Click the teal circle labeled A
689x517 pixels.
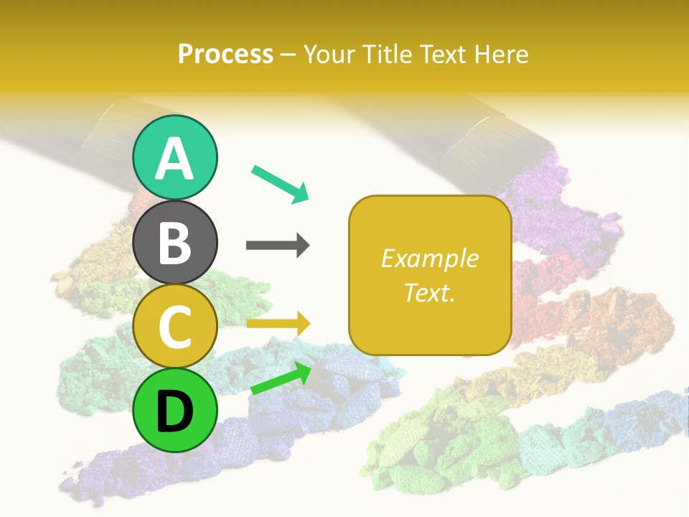[x=174, y=157]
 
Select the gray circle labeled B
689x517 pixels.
[x=174, y=242]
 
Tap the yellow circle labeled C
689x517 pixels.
[x=174, y=327]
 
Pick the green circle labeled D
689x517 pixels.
[x=174, y=410]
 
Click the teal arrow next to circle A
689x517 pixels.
[x=281, y=183]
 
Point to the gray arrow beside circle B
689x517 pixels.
[x=278, y=246]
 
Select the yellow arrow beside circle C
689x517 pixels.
[x=278, y=324]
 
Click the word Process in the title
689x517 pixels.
[x=225, y=54]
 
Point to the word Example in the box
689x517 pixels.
[x=429, y=258]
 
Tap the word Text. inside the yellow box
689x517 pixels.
[x=429, y=292]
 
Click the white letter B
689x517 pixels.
[x=174, y=243]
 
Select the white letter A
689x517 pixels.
[x=174, y=159]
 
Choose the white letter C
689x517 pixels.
[x=174, y=327]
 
